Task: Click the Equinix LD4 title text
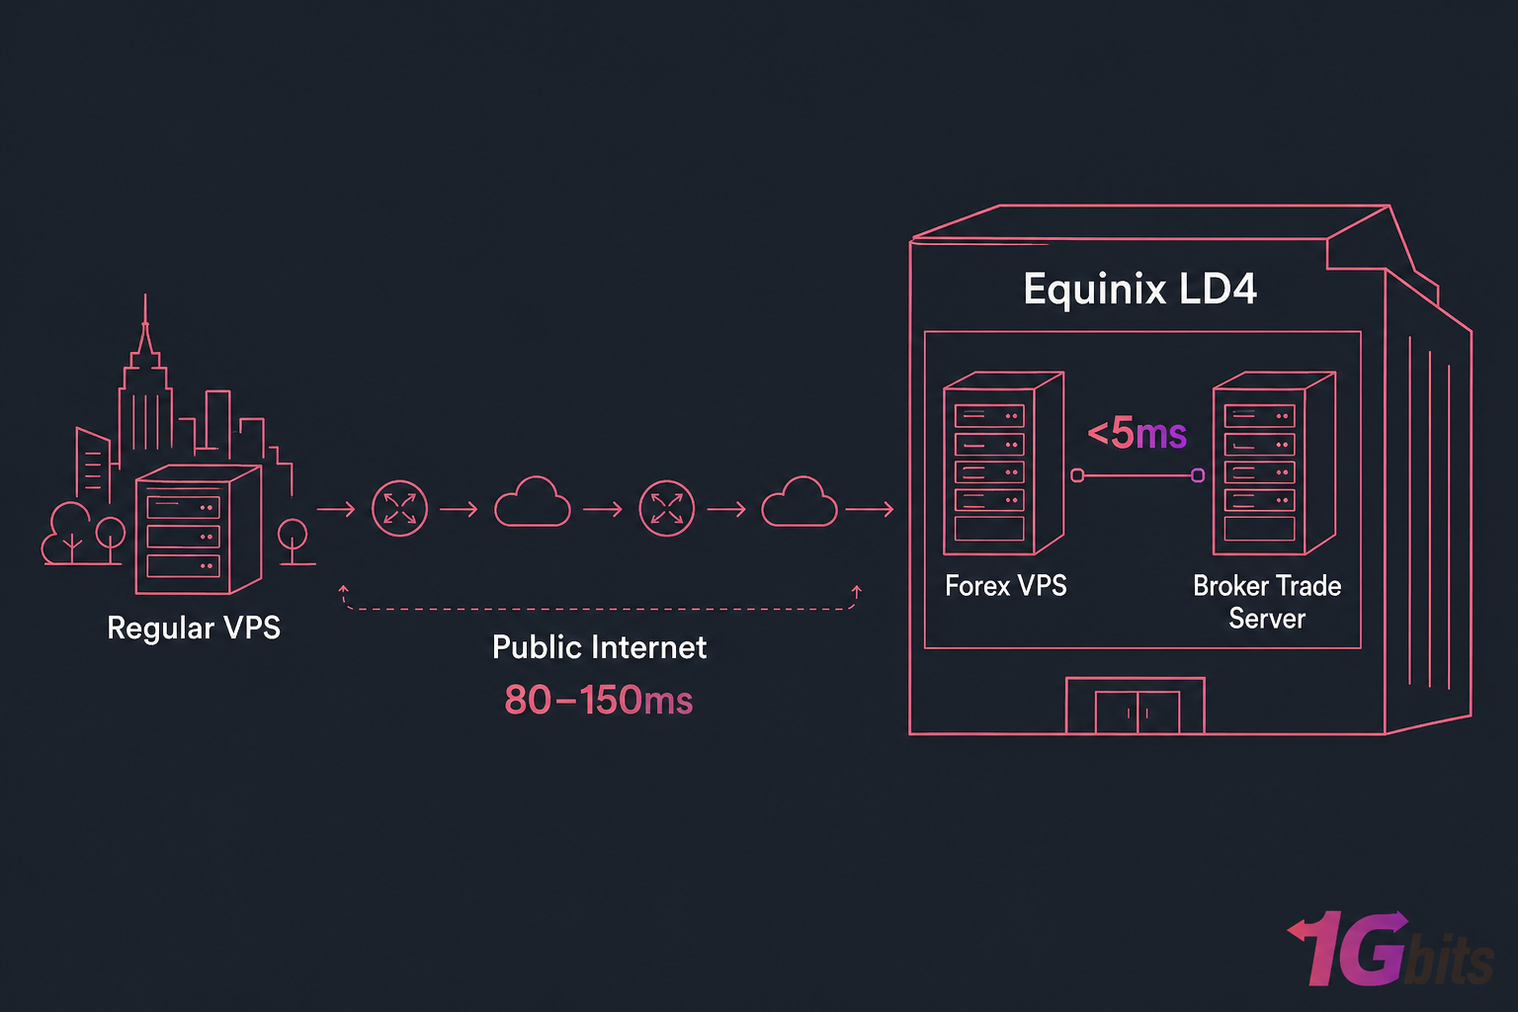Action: pos(1139,290)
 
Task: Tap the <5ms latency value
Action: pos(1137,433)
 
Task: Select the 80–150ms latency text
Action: pos(598,700)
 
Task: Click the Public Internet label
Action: pos(599,647)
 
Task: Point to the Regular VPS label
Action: pos(194,628)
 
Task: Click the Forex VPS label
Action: pos(1005,586)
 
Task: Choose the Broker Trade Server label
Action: pos(1266,601)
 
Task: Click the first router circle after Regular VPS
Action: pos(399,509)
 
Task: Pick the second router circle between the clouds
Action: pos(667,509)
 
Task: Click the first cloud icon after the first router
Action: pos(532,504)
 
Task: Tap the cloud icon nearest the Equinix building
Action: pos(800,504)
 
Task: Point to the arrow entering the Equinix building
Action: pos(870,509)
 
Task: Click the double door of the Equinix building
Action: pos(1137,712)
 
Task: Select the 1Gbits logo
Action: pos(1389,949)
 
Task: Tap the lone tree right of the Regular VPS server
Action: pos(293,542)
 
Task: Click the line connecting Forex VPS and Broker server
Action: pos(1137,475)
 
